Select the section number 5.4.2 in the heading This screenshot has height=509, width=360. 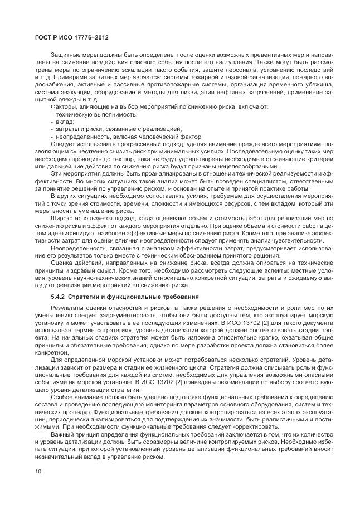point(58,295)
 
